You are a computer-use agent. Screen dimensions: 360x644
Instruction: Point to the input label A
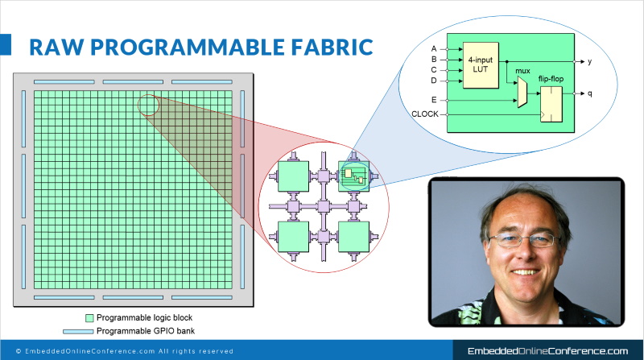click(x=434, y=48)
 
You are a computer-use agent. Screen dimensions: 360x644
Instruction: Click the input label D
click(x=434, y=80)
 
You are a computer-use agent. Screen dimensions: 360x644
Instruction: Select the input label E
click(x=434, y=100)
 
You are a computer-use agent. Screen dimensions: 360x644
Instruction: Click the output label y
click(x=590, y=61)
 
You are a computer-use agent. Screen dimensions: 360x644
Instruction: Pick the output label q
click(x=590, y=93)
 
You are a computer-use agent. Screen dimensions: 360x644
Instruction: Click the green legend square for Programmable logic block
click(x=89, y=317)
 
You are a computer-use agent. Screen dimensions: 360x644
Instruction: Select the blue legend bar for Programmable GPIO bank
click(x=78, y=331)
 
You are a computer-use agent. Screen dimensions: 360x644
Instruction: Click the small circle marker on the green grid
click(x=148, y=104)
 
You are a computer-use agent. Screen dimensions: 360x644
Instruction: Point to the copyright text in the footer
click(x=124, y=351)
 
